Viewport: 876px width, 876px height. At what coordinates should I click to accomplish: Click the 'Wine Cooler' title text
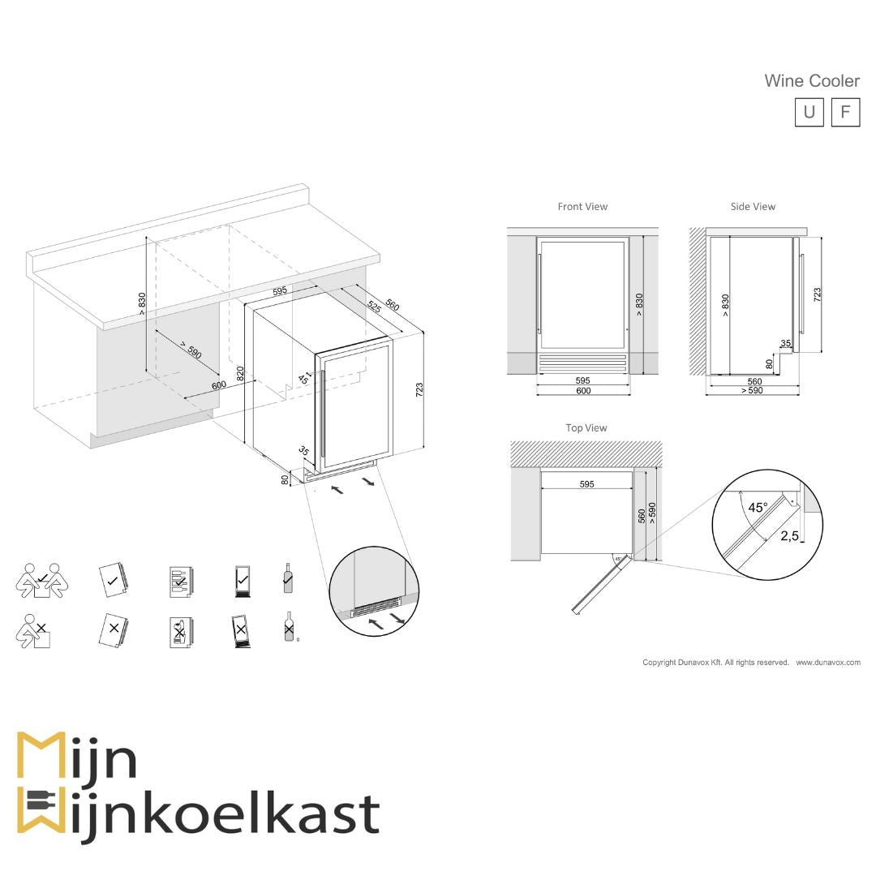[x=811, y=81]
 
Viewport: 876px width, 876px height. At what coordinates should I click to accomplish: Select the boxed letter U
[x=809, y=112]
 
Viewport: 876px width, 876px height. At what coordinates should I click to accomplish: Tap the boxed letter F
[x=845, y=112]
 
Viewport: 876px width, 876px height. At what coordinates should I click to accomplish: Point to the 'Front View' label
[x=582, y=207]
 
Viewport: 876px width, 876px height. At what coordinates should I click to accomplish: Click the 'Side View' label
[x=753, y=207]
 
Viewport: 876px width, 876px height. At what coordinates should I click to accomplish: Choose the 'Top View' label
[x=586, y=427]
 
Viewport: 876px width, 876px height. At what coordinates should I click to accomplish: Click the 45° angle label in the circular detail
[x=758, y=508]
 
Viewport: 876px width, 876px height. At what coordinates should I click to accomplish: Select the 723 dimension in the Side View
[x=817, y=294]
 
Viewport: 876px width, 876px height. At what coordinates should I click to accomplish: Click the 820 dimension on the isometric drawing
[x=240, y=375]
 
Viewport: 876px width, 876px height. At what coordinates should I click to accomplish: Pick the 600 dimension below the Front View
[x=583, y=391]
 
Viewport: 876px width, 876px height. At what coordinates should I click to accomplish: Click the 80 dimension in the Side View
[x=769, y=364]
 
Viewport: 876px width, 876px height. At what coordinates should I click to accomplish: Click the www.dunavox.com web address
[x=827, y=663]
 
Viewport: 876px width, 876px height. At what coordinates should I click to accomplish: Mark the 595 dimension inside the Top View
[x=586, y=484]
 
